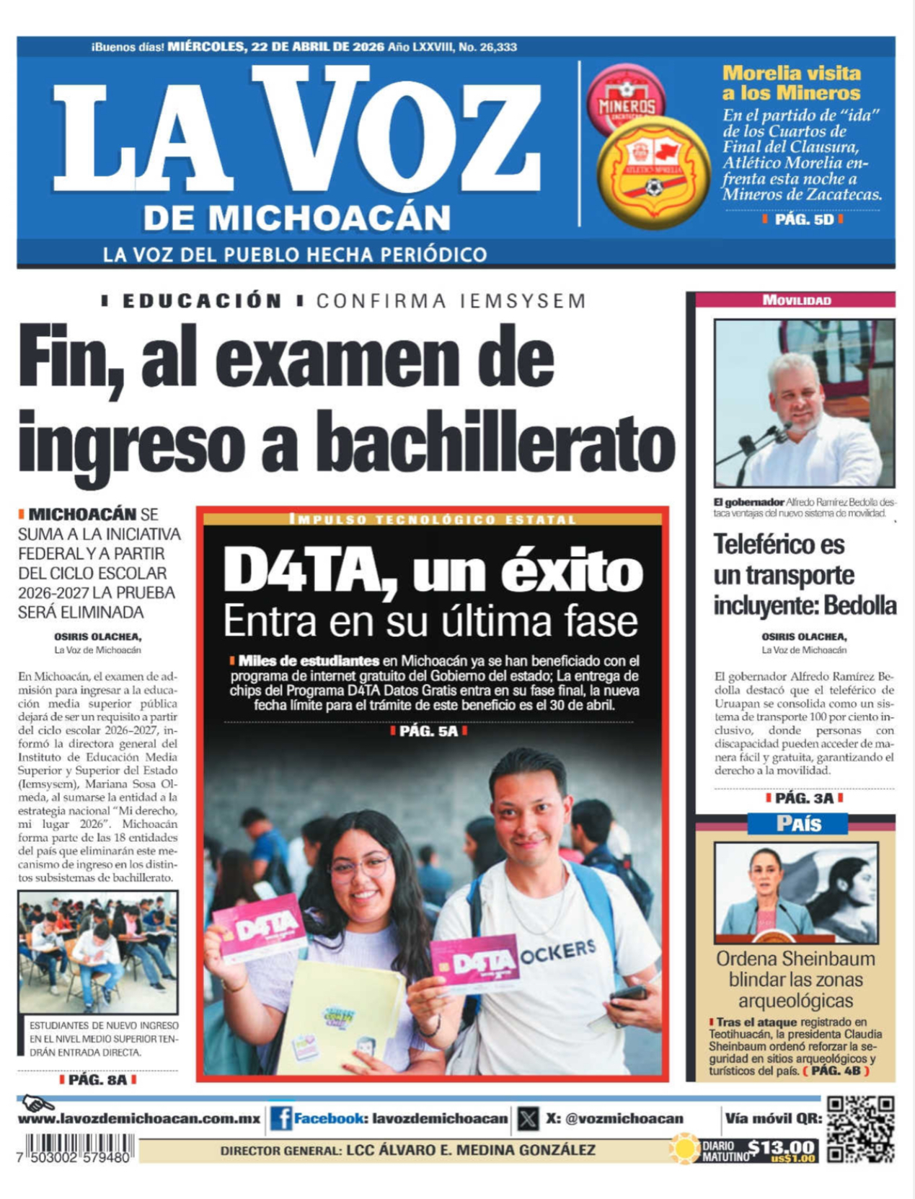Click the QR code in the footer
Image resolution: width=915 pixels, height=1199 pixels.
pyautogui.click(x=861, y=1130)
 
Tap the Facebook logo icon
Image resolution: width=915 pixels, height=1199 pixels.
pyautogui.click(x=280, y=1119)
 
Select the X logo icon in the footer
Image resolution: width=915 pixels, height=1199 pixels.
pyautogui.click(x=528, y=1119)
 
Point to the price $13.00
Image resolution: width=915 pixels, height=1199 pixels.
pyautogui.click(x=782, y=1147)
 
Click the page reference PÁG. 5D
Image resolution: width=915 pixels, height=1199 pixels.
pyautogui.click(x=803, y=219)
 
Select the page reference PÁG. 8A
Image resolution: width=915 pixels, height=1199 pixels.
pyautogui.click(x=97, y=1080)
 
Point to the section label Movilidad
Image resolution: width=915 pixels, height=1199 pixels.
pyautogui.click(x=797, y=300)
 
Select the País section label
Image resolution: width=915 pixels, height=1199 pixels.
pyautogui.click(x=798, y=823)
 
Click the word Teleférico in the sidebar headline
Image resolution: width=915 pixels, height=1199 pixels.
pyautogui.click(x=779, y=545)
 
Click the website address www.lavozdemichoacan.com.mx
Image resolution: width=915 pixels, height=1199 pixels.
pyautogui.click(x=139, y=1119)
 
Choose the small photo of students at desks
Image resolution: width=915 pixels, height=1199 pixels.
pyautogui.click(x=97, y=952)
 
